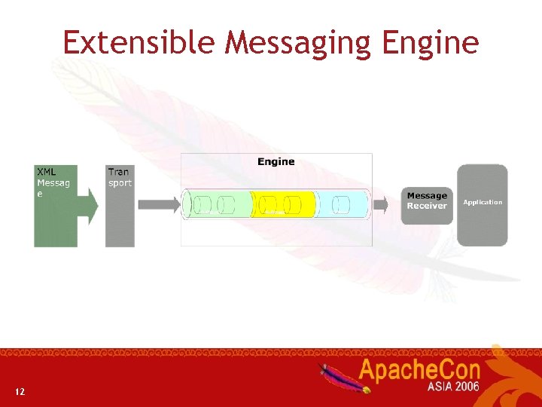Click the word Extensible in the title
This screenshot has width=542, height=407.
click(140, 43)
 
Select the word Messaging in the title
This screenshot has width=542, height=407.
click(299, 44)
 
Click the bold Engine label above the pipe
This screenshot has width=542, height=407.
click(276, 161)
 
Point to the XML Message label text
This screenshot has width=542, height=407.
click(53, 182)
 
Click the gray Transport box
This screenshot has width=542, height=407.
click(120, 205)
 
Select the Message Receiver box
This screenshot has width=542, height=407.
click(427, 205)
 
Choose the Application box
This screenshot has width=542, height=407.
click(483, 205)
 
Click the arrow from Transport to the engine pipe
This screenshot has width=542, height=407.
click(158, 204)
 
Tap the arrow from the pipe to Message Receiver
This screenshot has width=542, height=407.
click(385, 204)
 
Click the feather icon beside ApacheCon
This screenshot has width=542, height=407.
click(345, 378)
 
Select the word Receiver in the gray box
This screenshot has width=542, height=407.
click(427, 206)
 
